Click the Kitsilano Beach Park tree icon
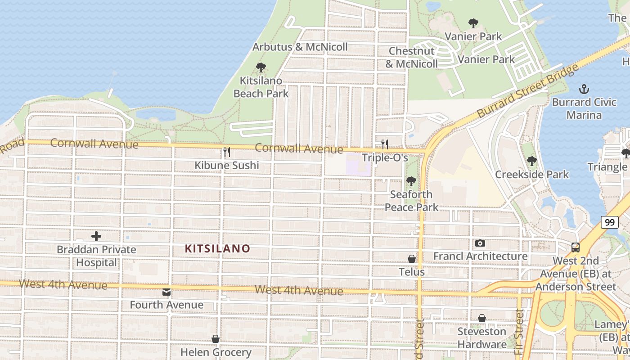[x=261, y=68]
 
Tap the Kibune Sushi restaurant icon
[x=227, y=152]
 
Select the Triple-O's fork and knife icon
[x=385, y=144]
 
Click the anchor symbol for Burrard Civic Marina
[x=584, y=89]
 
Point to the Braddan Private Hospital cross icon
[x=96, y=236]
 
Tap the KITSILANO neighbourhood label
[x=217, y=248]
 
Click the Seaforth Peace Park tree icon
[x=411, y=181]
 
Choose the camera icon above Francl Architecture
[x=480, y=243]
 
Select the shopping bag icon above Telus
[x=412, y=259]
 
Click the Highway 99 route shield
[x=609, y=222]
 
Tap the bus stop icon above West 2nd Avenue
[x=576, y=247]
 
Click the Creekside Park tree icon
[x=532, y=161]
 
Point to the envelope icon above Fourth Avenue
[x=166, y=292]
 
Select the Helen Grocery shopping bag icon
[x=216, y=339]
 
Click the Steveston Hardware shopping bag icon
[x=482, y=319]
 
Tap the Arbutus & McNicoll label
[x=300, y=47]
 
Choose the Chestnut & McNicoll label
[x=412, y=57]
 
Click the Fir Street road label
[x=520, y=333]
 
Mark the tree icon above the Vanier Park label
[x=473, y=23]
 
